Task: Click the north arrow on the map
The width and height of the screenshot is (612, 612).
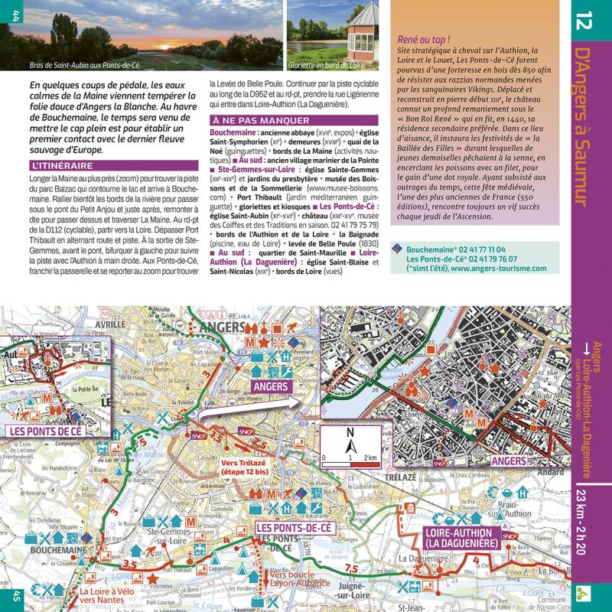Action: point(350,441)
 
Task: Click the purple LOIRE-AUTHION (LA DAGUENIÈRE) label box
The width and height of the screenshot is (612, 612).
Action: point(458,536)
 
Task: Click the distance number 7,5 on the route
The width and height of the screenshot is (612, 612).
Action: point(351,568)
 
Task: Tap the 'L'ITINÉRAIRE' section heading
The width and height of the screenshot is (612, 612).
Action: point(63,165)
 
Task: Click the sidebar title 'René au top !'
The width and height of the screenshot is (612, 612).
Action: point(423,38)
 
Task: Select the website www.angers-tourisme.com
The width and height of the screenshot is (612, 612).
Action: point(499,269)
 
